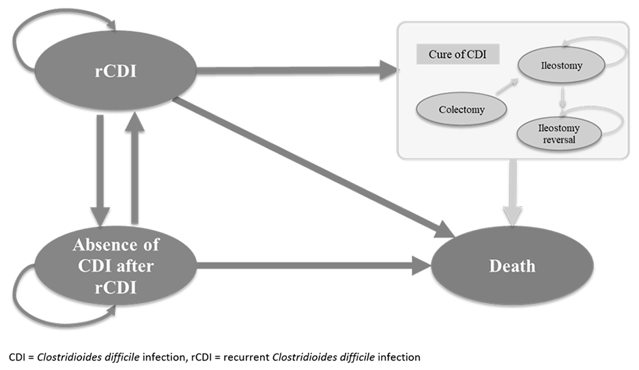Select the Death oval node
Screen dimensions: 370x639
[511, 265]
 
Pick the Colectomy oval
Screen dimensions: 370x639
[462, 109]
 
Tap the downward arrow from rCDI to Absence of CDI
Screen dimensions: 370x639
[101, 171]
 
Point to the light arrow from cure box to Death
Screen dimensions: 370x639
[511, 195]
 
